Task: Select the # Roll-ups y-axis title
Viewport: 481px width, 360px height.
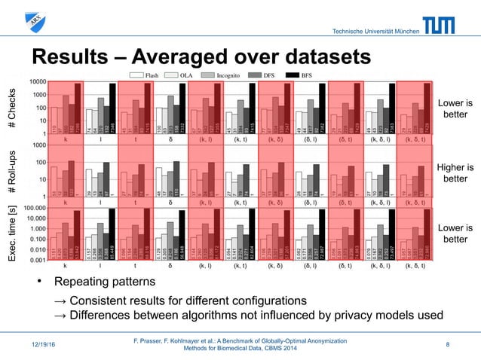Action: (x=12, y=172)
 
